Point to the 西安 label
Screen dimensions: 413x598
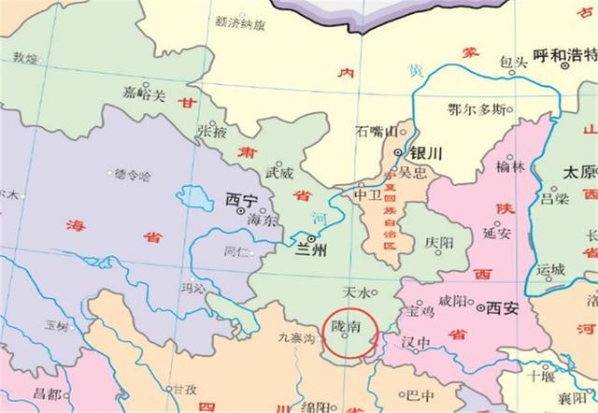point(500,306)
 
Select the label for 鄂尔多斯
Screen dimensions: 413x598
point(477,109)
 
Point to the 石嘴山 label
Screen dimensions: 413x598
point(377,132)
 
